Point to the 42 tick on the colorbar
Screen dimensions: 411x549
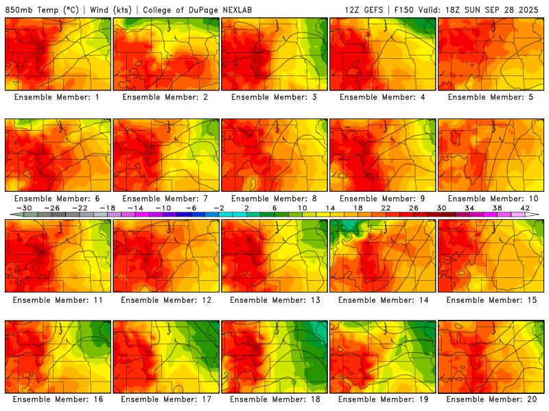coord(524,208)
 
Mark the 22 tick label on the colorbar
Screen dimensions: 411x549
coord(385,208)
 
